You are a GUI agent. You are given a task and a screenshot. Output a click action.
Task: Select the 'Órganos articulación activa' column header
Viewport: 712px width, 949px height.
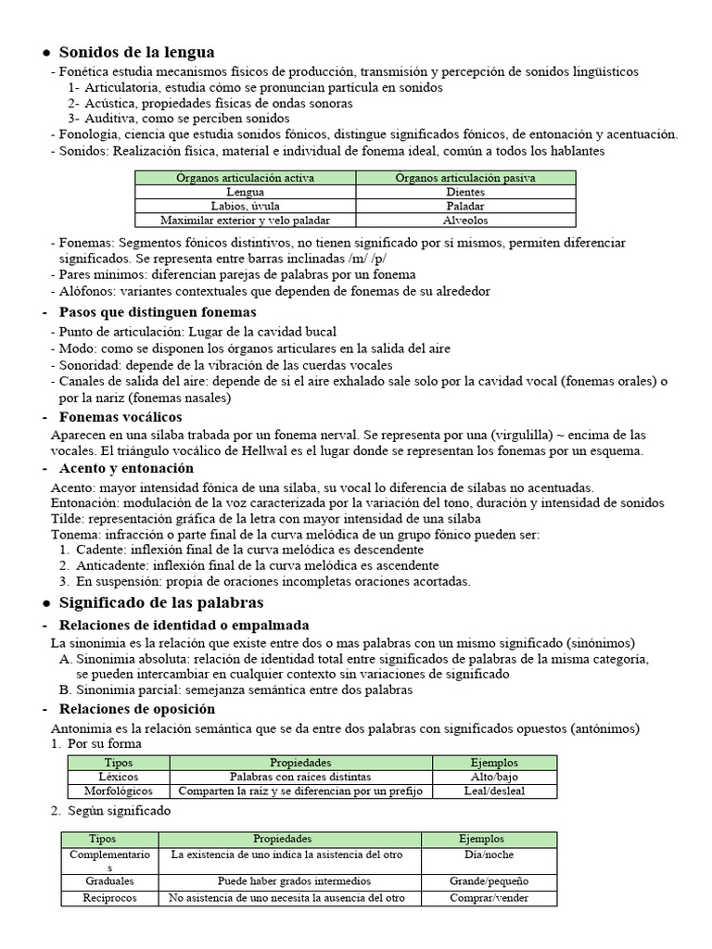tap(246, 177)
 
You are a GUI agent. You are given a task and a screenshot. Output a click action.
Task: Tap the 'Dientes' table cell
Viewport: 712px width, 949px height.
tap(465, 192)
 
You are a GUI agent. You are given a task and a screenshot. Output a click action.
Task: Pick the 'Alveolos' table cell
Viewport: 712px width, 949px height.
tap(465, 221)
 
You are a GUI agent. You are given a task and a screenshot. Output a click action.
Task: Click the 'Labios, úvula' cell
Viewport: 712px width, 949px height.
tap(246, 206)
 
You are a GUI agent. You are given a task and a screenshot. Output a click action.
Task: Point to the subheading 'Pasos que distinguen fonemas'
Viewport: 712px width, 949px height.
tap(158, 312)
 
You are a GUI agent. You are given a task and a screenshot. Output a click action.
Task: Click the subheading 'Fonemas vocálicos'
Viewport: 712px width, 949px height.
tap(121, 417)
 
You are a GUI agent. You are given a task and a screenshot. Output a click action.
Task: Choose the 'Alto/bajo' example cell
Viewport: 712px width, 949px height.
tap(494, 777)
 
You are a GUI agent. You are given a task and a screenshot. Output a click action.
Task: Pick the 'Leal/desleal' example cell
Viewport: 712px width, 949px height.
tap(494, 791)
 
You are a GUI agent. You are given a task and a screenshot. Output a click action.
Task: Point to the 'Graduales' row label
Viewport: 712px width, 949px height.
tap(109, 880)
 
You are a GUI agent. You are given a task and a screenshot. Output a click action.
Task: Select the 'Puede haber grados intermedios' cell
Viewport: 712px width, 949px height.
tap(289, 880)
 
